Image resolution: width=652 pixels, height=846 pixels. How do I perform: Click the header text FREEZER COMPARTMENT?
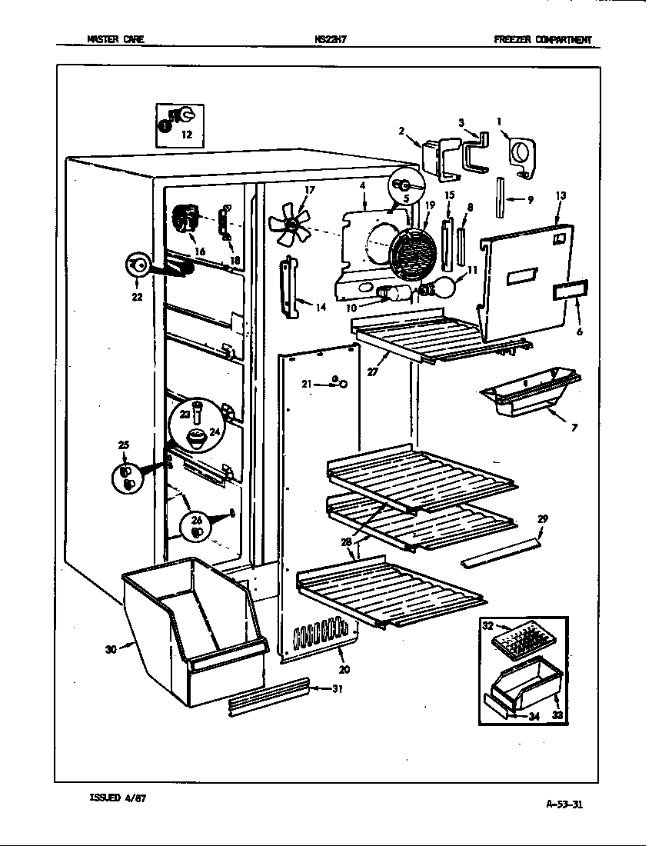pos(543,40)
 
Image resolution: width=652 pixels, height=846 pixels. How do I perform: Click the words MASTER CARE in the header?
pos(115,40)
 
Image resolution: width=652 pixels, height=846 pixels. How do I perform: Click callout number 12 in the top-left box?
pos(186,135)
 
